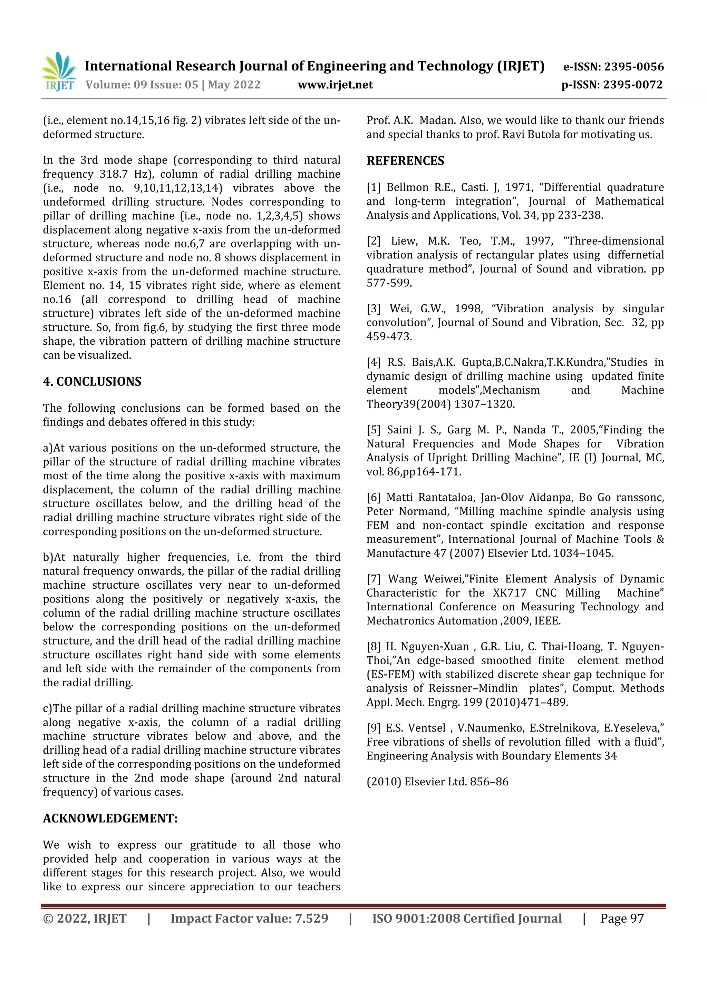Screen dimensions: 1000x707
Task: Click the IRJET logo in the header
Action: point(59,71)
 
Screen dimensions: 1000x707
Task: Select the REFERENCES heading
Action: point(405,161)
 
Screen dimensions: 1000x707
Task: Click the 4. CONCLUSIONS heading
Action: point(92,382)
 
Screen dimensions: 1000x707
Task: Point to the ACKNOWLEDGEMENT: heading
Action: point(110,818)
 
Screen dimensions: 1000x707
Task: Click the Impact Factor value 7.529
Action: point(311,919)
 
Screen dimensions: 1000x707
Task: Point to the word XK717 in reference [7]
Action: point(509,593)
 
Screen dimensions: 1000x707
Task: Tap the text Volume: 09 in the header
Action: point(115,85)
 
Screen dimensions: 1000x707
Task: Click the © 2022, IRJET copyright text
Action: point(85,919)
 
